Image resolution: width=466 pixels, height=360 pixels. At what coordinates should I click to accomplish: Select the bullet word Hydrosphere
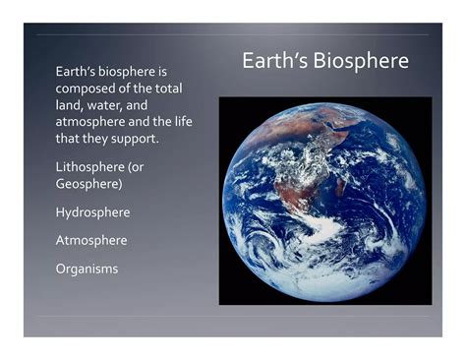(x=92, y=211)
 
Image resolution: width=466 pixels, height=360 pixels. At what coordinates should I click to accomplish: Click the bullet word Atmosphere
(x=91, y=239)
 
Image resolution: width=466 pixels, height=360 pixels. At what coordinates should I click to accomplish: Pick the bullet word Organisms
(x=87, y=268)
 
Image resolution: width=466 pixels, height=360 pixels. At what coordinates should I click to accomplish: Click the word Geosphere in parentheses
(x=88, y=183)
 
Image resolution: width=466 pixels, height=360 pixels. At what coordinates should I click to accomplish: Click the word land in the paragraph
(x=70, y=104)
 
